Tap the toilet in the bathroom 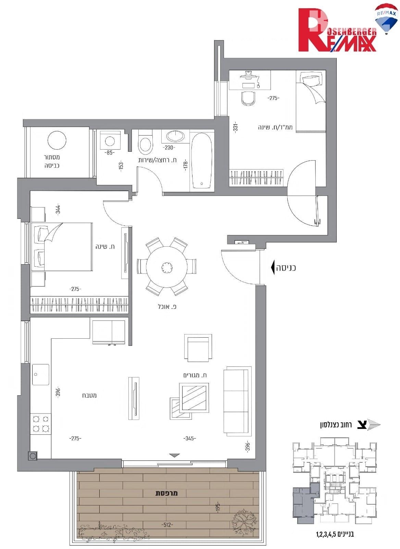(x=145, y=144)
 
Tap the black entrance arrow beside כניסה (x=272, y=268)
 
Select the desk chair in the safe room (x=249, y=98)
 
